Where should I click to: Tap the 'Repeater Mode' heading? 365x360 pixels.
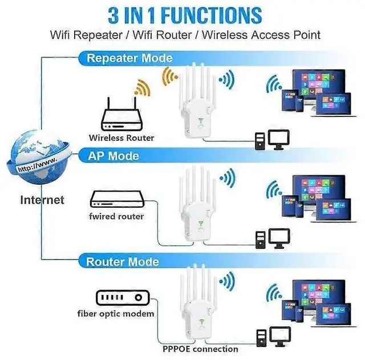point(129,58)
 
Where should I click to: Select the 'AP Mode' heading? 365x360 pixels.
point(112,156)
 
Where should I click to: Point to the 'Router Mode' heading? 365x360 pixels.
point(123,262)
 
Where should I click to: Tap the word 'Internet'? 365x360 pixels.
point(42,200)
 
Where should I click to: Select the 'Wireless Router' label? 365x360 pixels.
point(121,137)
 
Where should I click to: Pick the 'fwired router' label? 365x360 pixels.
point(116,216)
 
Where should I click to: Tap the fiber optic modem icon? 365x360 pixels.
point(122,298)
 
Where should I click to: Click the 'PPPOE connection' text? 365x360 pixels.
point(200,349)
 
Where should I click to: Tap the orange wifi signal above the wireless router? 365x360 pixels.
point(140,88)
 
